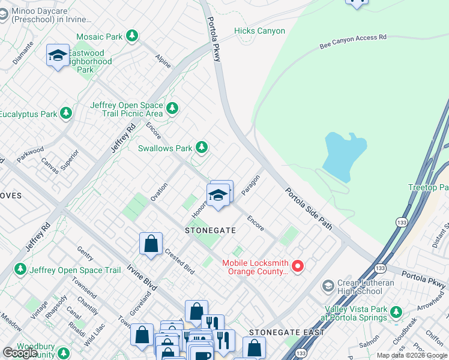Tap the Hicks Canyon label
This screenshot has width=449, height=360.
coord(259,31)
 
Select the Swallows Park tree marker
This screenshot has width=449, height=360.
coord(202,148)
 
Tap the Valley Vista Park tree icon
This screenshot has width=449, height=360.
coord(396,311)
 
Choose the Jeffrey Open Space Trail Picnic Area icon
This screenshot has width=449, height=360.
coord(173,109)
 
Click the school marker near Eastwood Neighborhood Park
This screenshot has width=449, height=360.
coord(58,56)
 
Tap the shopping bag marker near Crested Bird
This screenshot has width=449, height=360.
coord(151,244)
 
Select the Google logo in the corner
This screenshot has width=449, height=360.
coord(20,352)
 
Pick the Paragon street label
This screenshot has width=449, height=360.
coord(250,185)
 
